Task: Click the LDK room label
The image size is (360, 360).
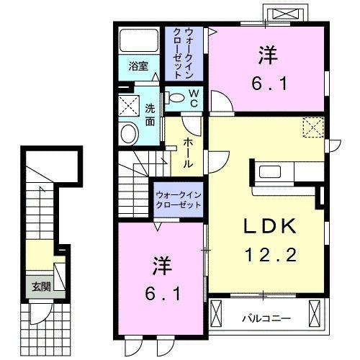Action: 264,226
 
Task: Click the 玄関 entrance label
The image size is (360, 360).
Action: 40,286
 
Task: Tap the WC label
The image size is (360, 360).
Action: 194,98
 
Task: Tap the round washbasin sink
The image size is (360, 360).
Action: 130,133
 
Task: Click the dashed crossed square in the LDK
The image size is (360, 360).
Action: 314,128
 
